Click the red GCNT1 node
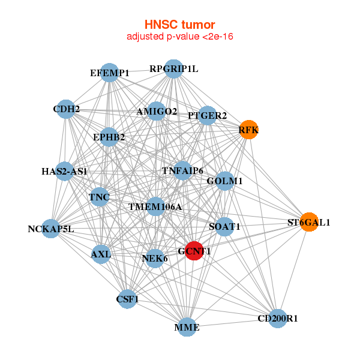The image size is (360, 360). coord(193,251)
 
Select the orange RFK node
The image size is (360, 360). coord(248,130)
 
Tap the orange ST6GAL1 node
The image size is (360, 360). coord(308,222)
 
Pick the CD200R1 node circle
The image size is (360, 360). coord(277,318)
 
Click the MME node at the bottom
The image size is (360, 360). coord(187,327)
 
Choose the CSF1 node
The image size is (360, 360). coord(127,299)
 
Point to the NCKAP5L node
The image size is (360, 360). coord(51,229)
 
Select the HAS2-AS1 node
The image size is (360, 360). coord(65,171)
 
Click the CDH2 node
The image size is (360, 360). coord(66,109)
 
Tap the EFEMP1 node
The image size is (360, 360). coord(109,73)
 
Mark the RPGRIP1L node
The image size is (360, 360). coord(173,68)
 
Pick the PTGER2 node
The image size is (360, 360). coord(207,115)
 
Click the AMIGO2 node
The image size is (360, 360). coord(157,111)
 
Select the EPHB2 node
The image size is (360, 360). coord(109,137)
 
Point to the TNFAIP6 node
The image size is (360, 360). coord(182,171)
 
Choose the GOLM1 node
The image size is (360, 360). coord(224,181)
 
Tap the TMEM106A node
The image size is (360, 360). coord(155,207)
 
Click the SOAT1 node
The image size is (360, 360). coord(224,226)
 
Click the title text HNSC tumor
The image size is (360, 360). coord(179,25)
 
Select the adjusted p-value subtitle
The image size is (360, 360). coord(179,37)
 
